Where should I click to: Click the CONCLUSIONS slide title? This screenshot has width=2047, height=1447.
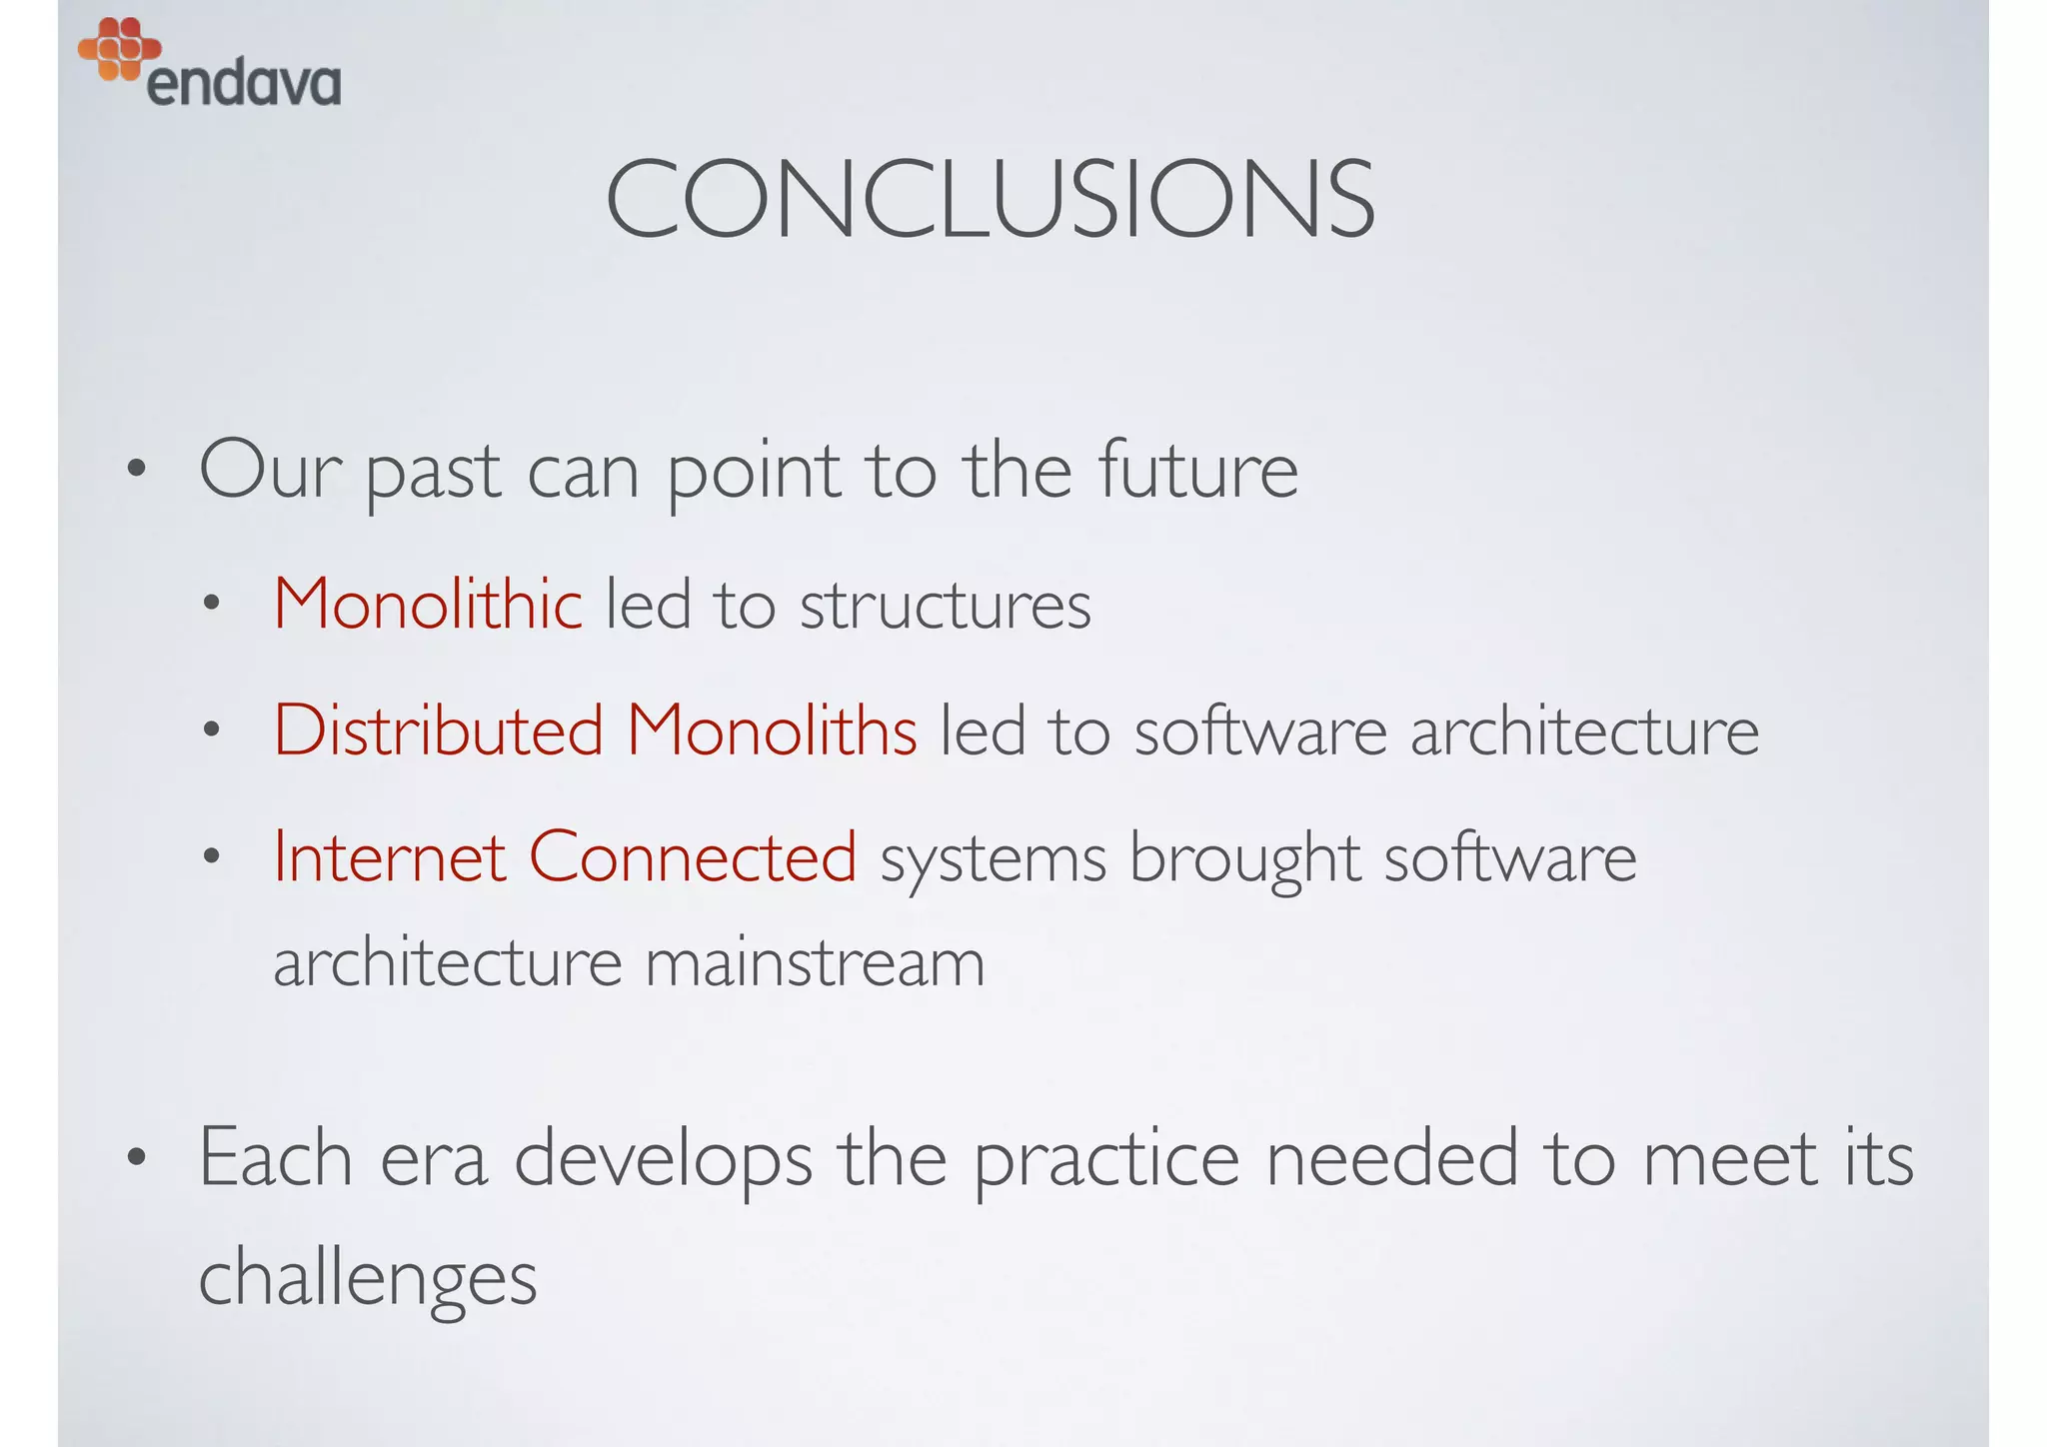pos(990,200)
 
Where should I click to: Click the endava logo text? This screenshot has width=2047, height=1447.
pos(243,84)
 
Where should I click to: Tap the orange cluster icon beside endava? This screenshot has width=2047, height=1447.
pos(119,47)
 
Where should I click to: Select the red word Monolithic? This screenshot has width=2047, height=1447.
pos(428,605)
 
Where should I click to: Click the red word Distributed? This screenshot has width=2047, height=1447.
pos(439,730)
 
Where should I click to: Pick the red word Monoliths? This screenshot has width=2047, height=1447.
pos(772,730)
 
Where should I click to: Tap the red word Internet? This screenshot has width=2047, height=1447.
pos(390,857)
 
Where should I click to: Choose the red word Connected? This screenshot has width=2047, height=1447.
pos(692,857)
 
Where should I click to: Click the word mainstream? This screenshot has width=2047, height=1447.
pos(815,963)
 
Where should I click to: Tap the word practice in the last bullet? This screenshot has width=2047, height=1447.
pos(1106,1159)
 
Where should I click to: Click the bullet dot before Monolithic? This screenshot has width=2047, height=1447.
pos(210,604)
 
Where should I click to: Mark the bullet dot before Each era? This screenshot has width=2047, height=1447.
pos(136,1159)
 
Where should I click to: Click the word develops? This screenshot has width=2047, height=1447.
pos(663,1159)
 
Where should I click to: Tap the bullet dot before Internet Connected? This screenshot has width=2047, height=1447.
pos(210,856)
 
